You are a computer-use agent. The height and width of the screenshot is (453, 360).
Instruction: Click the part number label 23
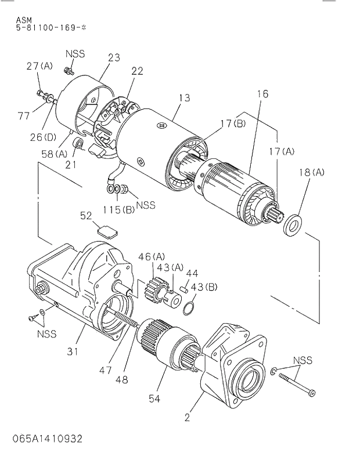point(114,57)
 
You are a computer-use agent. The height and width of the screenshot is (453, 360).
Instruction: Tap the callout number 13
point(184,98)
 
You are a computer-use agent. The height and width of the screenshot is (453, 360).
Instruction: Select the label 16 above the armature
point(262,93)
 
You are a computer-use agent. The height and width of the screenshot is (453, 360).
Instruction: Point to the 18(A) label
point(312,172)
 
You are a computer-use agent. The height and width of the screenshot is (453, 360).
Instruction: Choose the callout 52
point(86,216)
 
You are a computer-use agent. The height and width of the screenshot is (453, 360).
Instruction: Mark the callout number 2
point(187,416)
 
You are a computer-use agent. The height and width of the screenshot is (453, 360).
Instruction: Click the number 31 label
point(72,350)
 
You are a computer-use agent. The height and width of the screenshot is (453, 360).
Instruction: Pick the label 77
point(23,116)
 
